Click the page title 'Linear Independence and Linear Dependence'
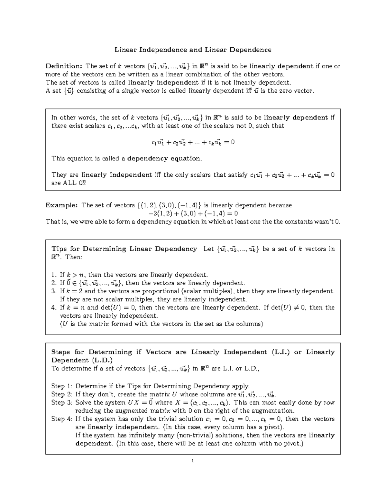point(193,50)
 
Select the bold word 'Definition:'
point(64,66)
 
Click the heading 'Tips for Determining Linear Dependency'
point(124,249)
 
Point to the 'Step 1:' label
point(62,386)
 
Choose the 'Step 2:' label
point(62,394)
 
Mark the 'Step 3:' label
point(62,402)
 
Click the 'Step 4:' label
point(62,419)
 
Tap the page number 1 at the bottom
point(192,461)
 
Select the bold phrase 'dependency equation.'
point(164,158)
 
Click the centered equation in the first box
point(193,142)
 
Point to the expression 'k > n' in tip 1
point(75,275)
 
